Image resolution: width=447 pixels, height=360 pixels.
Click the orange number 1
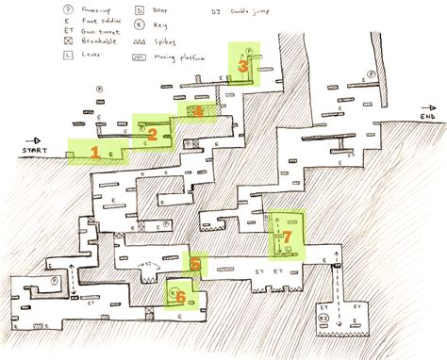click(x=94, y=151)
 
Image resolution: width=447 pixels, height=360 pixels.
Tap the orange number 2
click(x=152, y=135)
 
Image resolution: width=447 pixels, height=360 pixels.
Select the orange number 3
click(x=242, y=66)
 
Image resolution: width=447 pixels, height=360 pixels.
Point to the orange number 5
click(x=195, y=265)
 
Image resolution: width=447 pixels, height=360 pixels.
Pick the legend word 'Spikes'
click(x=170, y=42)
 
